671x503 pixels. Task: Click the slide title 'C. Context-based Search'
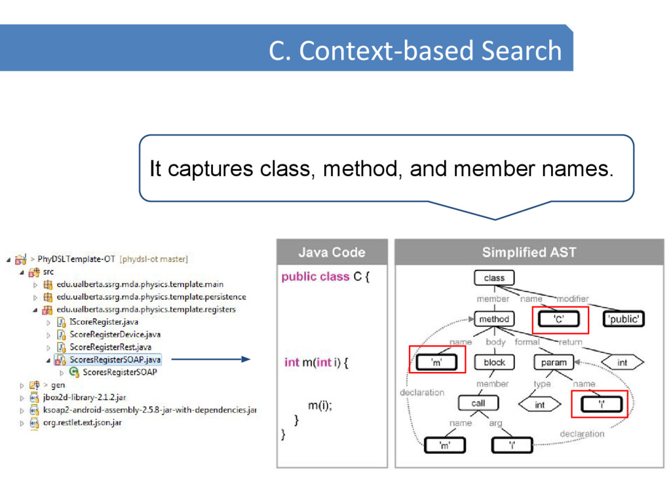point(415,50)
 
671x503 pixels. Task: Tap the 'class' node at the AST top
point(494,278)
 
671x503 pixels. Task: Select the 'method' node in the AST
point(494,319)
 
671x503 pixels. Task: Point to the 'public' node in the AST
point(623,319)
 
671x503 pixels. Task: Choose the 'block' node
point(494,362)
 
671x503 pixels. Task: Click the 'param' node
point(554,362)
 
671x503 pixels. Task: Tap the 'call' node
point(478,403)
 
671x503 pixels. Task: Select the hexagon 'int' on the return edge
point(622,362)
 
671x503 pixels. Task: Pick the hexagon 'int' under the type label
point(539,405)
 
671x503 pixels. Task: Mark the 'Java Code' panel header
point(332,252)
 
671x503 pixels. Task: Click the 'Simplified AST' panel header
point(529,252)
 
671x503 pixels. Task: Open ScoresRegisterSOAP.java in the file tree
point(115,360)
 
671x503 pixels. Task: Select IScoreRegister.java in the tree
point(104,322)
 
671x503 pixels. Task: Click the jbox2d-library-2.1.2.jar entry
point(87,398)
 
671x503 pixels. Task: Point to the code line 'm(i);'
point(320,405)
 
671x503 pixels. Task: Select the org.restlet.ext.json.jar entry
point(86,422)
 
